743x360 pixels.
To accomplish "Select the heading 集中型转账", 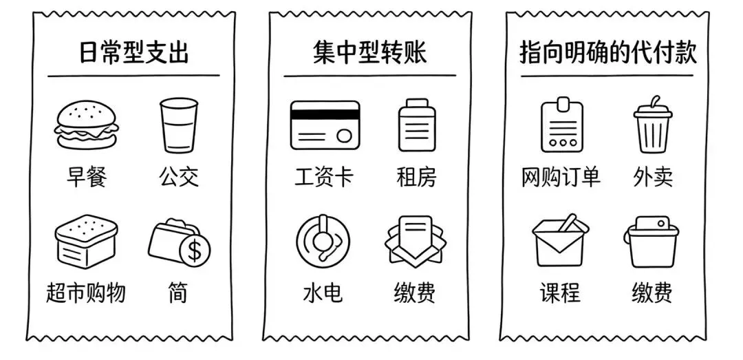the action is (369, 53).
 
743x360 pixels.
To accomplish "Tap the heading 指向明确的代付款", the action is (607, 53).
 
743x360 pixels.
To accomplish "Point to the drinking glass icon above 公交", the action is (178, 125).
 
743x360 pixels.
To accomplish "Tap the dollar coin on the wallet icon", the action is (195, 251).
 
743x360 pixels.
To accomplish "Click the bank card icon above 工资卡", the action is (325, 125).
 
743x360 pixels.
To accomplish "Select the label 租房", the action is (416, 178).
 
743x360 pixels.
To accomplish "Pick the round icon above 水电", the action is (323, 240).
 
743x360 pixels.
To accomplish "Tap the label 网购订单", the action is (561, 178).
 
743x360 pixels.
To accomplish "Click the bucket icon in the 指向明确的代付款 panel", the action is (652, 242).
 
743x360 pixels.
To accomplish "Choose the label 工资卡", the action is (324, 178).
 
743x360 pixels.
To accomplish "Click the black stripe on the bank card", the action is (325, 114).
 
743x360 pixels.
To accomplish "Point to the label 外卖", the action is (652, 178).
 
